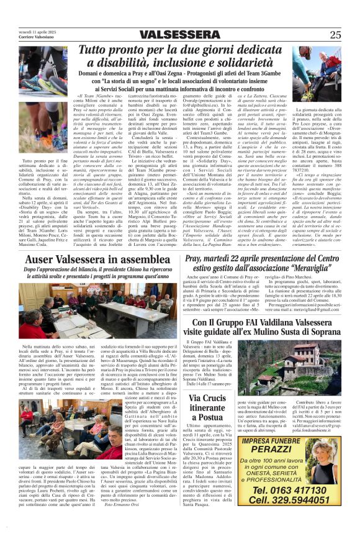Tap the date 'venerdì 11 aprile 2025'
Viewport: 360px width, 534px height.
(29, 30)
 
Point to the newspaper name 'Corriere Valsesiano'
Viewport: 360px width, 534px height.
(27, 37)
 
